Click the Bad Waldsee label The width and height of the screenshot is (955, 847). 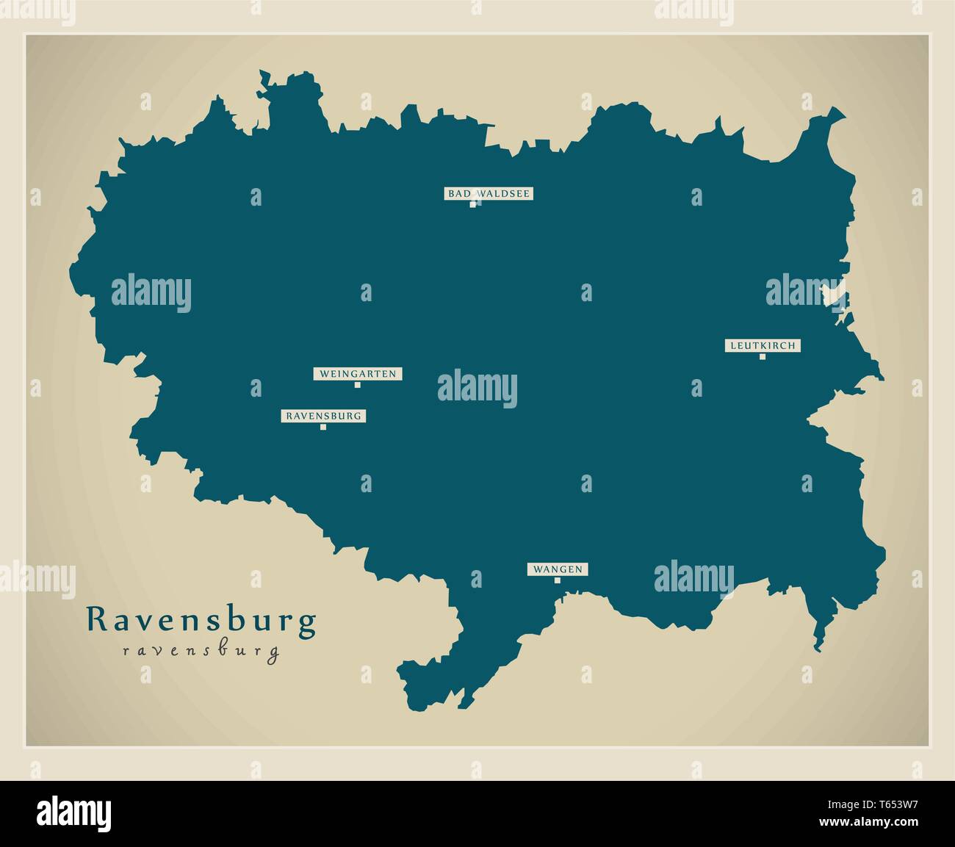(488, 194)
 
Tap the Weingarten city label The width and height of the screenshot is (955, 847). (358, 374)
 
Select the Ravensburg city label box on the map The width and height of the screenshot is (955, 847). (323, 416)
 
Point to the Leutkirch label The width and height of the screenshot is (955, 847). (763, 345)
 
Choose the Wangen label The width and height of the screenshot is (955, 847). (558, 569)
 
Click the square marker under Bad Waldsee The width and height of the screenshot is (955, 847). (473, 204)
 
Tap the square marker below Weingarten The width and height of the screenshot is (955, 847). (358, 384)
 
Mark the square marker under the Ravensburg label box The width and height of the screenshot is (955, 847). (323, 426)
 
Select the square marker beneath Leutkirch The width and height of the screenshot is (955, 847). (763, 356)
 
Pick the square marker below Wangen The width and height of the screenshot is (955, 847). (558, 580)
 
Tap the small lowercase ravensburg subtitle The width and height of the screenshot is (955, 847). (202, 651)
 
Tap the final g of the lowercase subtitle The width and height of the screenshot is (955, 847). (274, 653)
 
